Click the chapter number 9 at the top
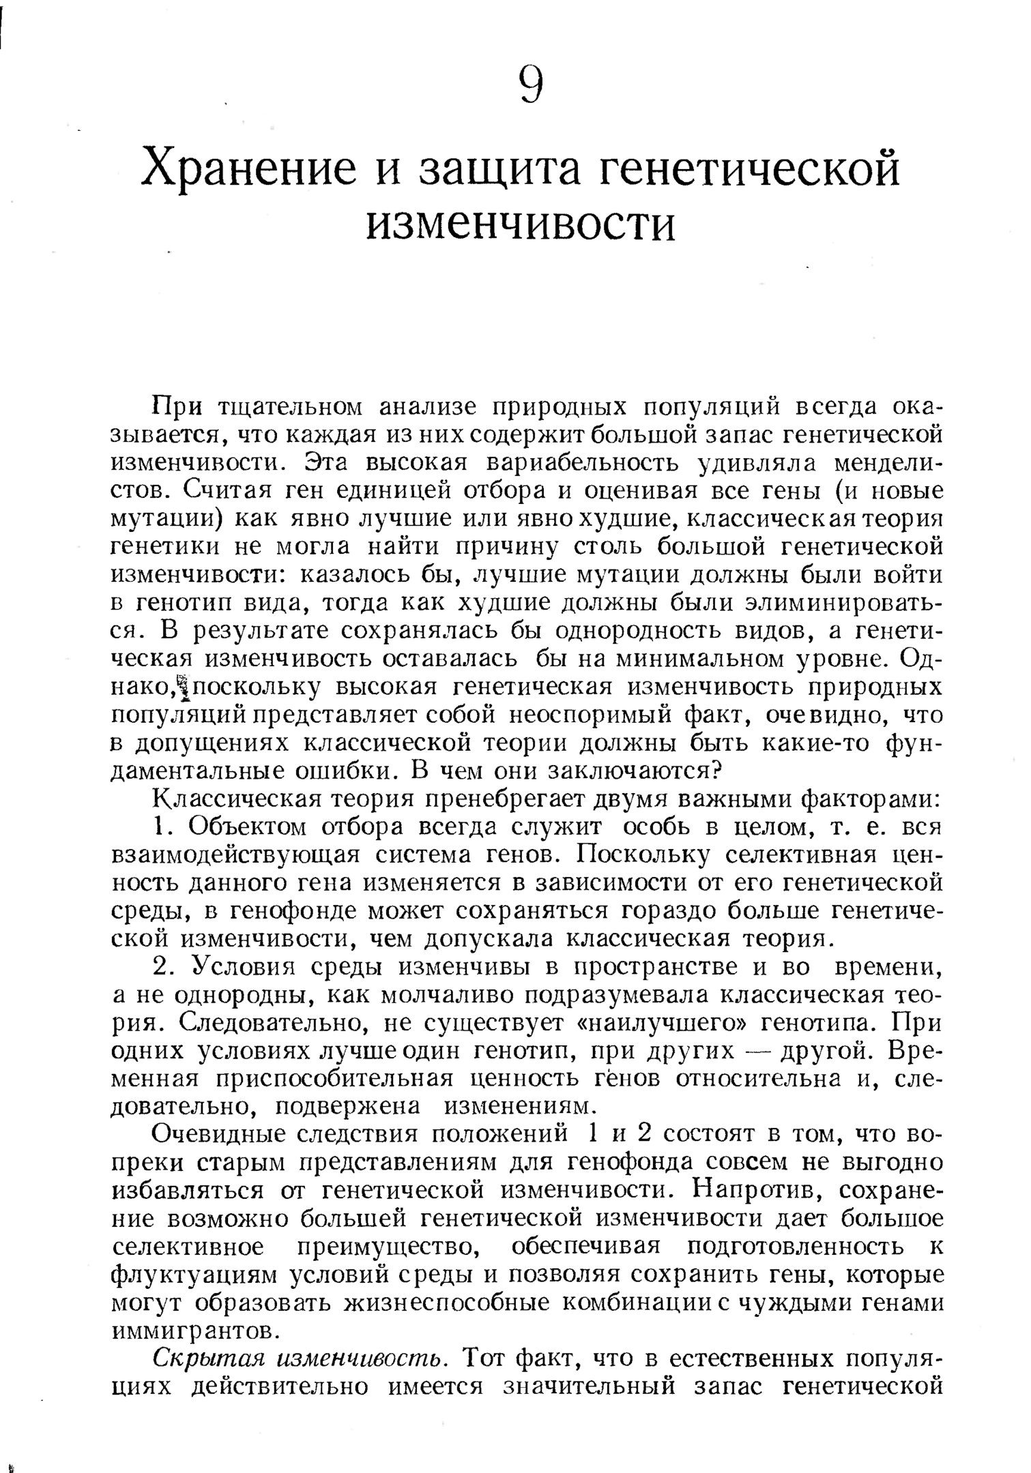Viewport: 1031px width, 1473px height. coord(531,85)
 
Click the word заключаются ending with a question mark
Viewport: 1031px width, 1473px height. coord(644,771)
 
